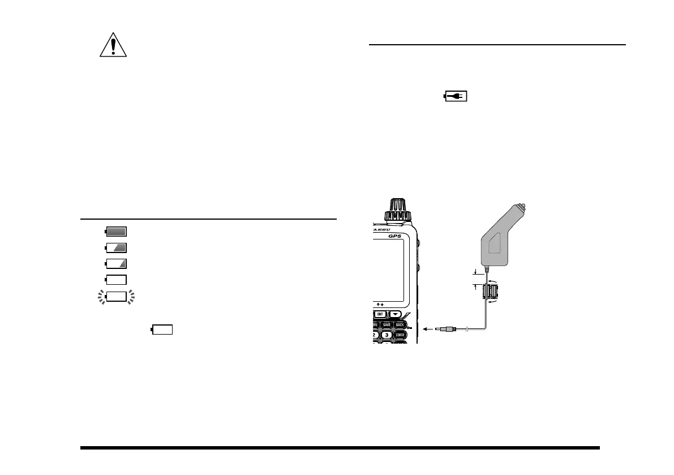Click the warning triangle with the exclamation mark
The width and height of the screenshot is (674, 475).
click(x=113, y=44)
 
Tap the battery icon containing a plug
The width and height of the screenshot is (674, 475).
click(x=455, y=97)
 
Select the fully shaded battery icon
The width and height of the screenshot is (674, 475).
click(x=116, y=231)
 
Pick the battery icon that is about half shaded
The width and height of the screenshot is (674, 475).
click(x=116, y=247)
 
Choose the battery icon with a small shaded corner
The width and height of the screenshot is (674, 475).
click(x=116, y=263)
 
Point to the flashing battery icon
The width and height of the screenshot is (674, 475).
click(x=117, y=296)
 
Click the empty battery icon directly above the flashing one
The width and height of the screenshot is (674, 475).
click(x=116, y=279)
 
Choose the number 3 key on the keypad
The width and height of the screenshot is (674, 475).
click(x=387, y=335)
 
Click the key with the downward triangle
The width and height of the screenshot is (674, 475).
click(x=396, y=314)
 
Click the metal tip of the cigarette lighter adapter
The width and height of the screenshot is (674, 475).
click(x=523, y=207)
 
